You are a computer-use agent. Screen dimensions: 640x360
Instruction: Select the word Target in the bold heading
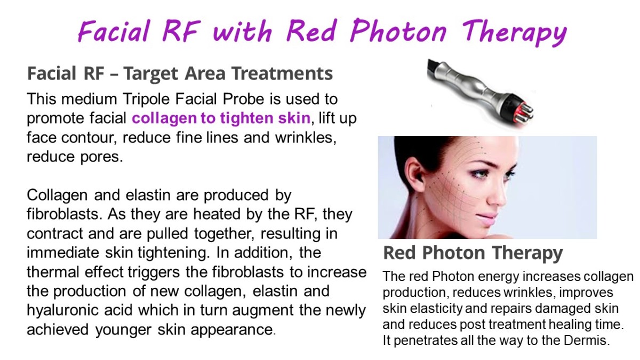tap(151, 74)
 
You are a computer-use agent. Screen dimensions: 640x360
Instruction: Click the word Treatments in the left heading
tap(282, 73)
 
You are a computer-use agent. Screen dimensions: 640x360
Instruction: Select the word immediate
tap(63, 253)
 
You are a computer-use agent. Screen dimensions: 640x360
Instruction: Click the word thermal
tap(53, 271)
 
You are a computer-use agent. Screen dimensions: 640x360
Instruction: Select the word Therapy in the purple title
tap(514, 33)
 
